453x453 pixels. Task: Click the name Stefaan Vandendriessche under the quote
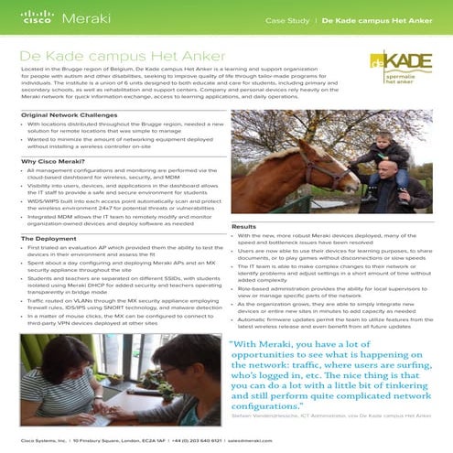[275, 415]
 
